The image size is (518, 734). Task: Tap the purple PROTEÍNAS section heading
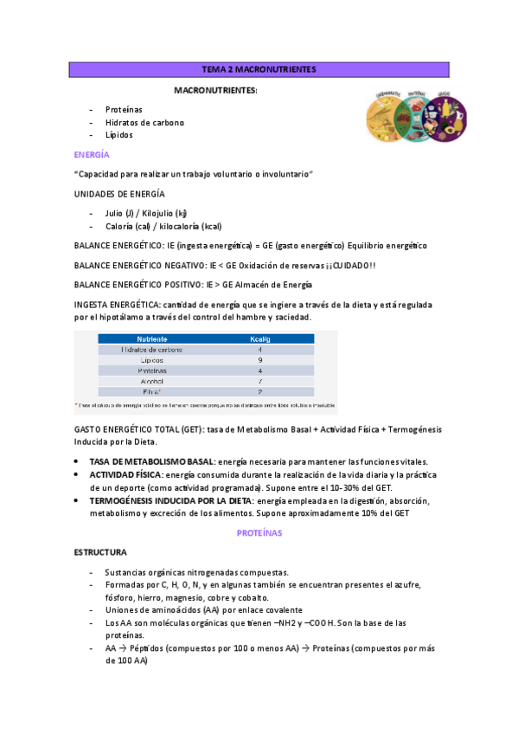pos(259,533)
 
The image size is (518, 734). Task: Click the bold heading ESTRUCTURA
pos(101,551)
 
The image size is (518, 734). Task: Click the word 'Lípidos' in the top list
pos(119,135)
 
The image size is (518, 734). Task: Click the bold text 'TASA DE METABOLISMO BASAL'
pos(150,461)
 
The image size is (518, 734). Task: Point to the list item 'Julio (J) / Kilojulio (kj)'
pos(146,213)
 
